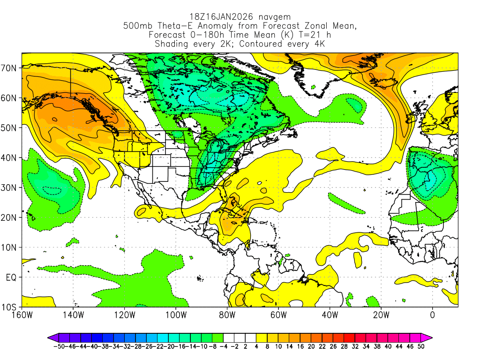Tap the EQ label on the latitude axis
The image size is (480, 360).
[11, 277]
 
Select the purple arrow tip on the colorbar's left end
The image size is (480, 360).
[51, 337]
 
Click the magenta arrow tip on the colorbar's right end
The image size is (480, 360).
[429, 337]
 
